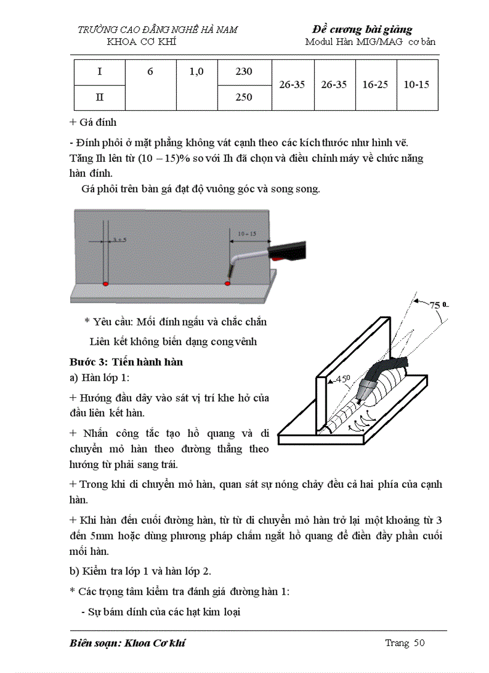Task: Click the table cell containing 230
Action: (x=244, y=72)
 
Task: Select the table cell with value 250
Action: (x=244, y=97)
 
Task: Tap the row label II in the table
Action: (x=99, y=98)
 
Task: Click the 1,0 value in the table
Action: (x=197, y=72)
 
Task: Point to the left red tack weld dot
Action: (x=105, y=283)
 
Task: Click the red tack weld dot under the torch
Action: (x=228, y=282)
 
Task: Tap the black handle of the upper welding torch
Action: (x=289, y=250)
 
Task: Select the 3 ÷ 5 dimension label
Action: (x=119, y=240)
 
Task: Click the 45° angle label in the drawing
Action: (x=342, y=379)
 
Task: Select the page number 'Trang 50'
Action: (x=405, y=643)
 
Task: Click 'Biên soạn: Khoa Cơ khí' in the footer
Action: (x=128, y=643)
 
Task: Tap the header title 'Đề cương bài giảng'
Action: (x=362, y=29)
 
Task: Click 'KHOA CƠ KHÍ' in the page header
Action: (x=141, y=41)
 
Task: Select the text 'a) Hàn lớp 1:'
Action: (x=99, y=378)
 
